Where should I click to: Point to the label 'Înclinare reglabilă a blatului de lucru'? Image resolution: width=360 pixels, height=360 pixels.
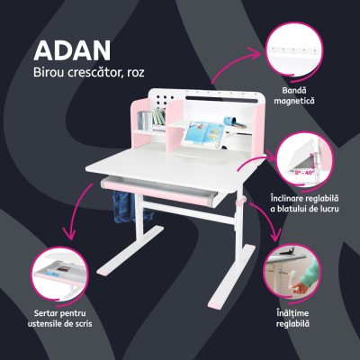(309, 202)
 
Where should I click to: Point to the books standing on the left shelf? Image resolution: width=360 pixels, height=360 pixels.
(157, 118)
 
